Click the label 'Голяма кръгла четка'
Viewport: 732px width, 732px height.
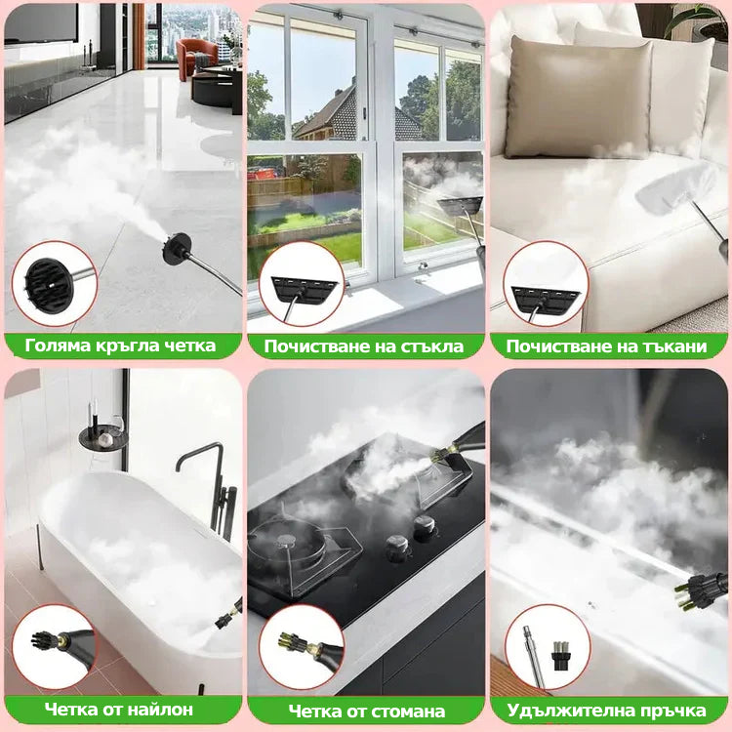(x=120, y=346)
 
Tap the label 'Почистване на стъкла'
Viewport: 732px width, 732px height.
(x=364, y=346)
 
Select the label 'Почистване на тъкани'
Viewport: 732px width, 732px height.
(x=606, y=346)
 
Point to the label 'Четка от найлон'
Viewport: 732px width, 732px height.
(x=118, y=710)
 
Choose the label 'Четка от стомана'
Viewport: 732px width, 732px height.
(x=366, y=711)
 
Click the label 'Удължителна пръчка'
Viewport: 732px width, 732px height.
(x=606, y=711)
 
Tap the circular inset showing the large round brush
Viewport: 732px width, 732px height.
(x=54, y=283)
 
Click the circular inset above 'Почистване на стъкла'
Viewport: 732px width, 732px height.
(x=302, y=283)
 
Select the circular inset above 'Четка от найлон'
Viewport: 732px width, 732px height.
(x=54, y=646)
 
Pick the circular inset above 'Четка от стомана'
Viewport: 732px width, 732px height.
(x=302, y=646)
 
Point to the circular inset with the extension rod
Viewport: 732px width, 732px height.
(x=548, y=646)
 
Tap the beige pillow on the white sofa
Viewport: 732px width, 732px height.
(x=579, y=97)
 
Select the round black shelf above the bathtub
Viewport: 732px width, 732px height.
(x=102, y=437)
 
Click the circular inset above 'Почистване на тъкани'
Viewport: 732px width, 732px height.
(x=546, y=283)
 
